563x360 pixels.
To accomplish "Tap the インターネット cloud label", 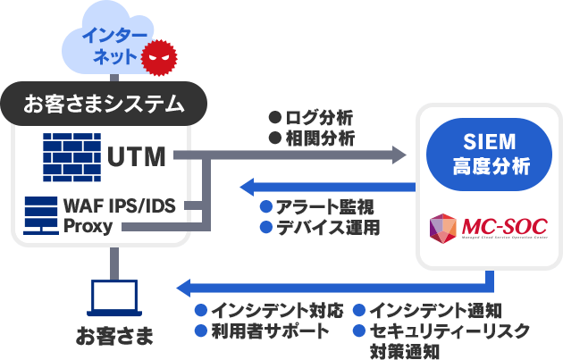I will coord(110,46).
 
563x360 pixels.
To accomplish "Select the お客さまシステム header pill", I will coord(105,104).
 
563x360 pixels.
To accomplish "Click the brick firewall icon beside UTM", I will coord(71,156).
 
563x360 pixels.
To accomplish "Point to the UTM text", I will coord(137,157).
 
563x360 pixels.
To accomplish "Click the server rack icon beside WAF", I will coord(41,215).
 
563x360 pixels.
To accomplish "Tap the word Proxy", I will coord(88,227).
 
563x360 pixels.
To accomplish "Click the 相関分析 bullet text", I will coord(317,139).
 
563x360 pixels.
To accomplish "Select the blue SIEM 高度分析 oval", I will coord(477,154).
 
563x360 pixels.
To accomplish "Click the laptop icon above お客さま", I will coord(115,298).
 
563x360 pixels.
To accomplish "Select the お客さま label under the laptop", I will coord(114,337).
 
